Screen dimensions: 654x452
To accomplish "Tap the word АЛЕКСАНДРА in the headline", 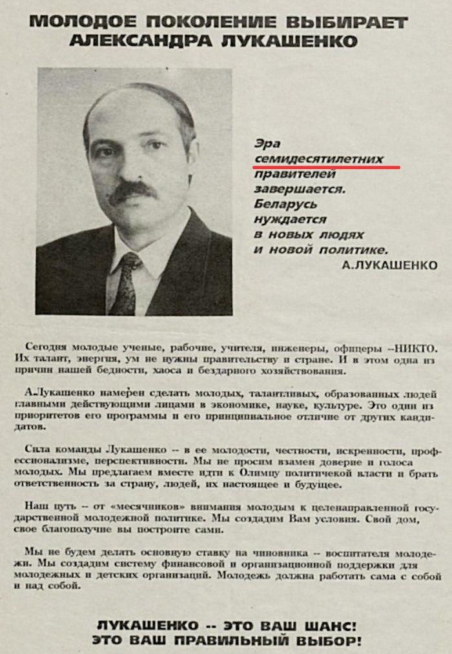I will (x=138, y=42).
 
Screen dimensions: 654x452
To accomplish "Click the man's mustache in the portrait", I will (x=132, y=191).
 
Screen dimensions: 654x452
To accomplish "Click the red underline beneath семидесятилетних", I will (x=327, y=167).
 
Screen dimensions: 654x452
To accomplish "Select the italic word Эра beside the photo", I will (x=267, y=143).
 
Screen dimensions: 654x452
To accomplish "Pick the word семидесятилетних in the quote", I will (x=319, y=158).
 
